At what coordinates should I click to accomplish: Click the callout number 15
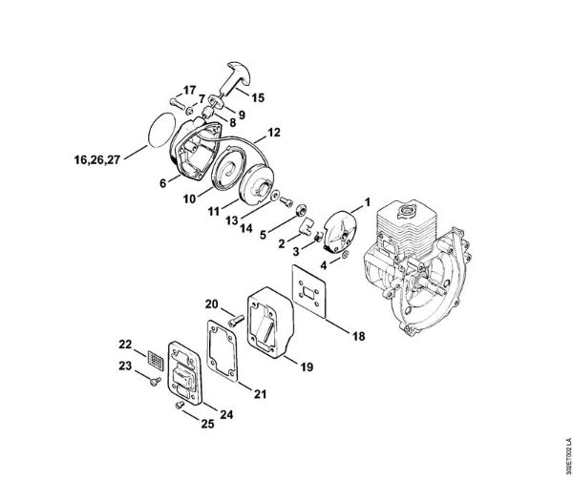coord(259,96)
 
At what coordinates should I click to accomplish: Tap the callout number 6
coord(162,178)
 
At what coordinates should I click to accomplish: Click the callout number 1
coord(364,201)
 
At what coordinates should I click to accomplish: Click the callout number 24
coord(228,414)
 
